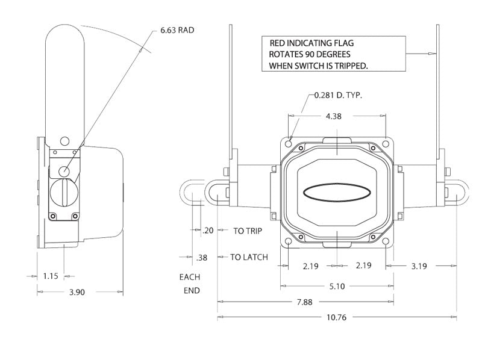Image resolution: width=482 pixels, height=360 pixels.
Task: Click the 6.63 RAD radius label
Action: [178, 29]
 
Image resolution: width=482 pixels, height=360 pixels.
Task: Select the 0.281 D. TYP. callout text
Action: [338, 96]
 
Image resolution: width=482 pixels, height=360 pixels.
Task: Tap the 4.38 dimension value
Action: [333, 117]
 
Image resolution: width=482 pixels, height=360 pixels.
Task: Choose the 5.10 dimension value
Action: [337, 287]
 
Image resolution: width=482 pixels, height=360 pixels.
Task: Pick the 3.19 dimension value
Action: [421, 265]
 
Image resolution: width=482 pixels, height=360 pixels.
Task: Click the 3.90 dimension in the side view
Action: [77, 292]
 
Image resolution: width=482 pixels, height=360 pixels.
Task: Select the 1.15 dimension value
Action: [51, 276]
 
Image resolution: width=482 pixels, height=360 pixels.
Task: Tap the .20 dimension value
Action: [209, 231]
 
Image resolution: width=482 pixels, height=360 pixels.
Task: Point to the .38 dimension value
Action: [202, 258]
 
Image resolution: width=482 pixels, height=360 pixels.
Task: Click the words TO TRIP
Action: [248, 231]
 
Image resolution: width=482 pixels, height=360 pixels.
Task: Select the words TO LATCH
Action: [249, 257]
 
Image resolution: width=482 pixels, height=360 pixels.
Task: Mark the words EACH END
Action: [190, 284]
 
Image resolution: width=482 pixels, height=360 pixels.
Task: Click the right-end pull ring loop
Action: [461, 193]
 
